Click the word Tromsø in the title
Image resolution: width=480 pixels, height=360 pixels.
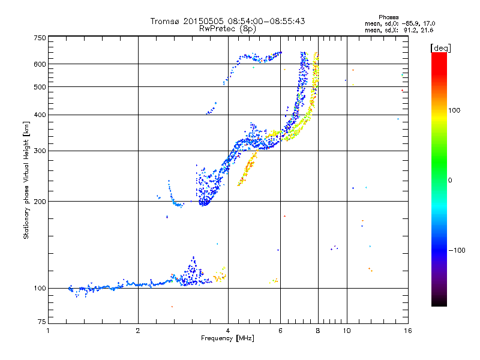pyautogui.click(x=166, y=21)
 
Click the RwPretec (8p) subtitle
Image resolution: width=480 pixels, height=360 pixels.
pyautogui.click(x=228, y=28)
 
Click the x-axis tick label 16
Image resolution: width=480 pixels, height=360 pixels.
pyautogui.click(x=407, y=331)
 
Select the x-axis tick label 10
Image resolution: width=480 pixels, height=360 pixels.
pyautogui.click(x=346, y=331)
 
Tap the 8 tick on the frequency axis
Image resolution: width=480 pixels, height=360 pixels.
pyautogui.click(x=318, y=331)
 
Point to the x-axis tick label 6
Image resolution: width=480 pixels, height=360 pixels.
pyautogui.click(x=281, y=331)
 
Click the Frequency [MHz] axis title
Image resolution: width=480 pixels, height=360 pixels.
pyautogui.click(x=227, y=340)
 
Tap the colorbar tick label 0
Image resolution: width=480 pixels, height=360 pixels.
pyautogui.click(x=452, y=180)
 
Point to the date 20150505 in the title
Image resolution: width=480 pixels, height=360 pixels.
pyautogui.click(x=201, y=21)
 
